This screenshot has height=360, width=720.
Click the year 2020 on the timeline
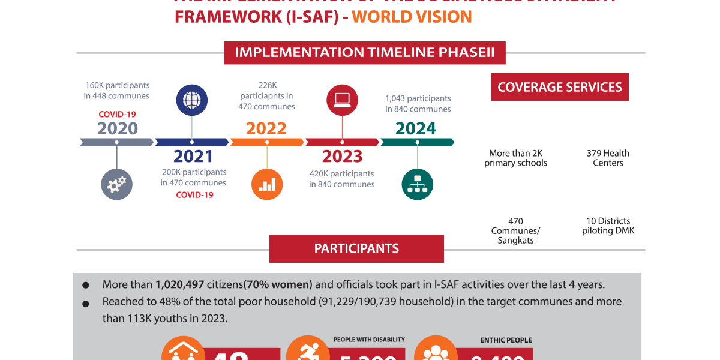[x=118, y=128]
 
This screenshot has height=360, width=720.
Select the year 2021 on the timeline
[x=193, y=157]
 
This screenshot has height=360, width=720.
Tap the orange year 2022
[x=266, y=128]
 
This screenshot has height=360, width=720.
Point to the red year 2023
[x=342, y=157]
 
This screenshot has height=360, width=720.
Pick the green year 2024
[x=416, y=128]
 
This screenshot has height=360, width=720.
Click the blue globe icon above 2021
[x=191, y=100]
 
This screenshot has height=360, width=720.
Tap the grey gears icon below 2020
[x=116, y=184]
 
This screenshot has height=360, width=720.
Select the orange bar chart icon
[x=267, y=184]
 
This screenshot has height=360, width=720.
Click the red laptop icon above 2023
[x=342, y=100]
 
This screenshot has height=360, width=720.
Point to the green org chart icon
[x=417, y=184]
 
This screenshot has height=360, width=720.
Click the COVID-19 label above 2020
[x=118, y=114]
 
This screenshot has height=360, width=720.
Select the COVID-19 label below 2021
[x=194, y=195]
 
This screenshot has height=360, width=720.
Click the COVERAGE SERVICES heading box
[x=559, y=88]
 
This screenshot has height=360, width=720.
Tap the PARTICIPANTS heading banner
[x=356, y=248]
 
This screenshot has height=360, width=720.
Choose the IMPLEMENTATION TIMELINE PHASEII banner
[x=365, y=52]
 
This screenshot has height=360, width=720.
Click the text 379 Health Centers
[x=608, y=158]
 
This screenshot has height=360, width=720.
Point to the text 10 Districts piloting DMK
[x=608, y=226]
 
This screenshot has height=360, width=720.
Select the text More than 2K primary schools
[x=515, y=158]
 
